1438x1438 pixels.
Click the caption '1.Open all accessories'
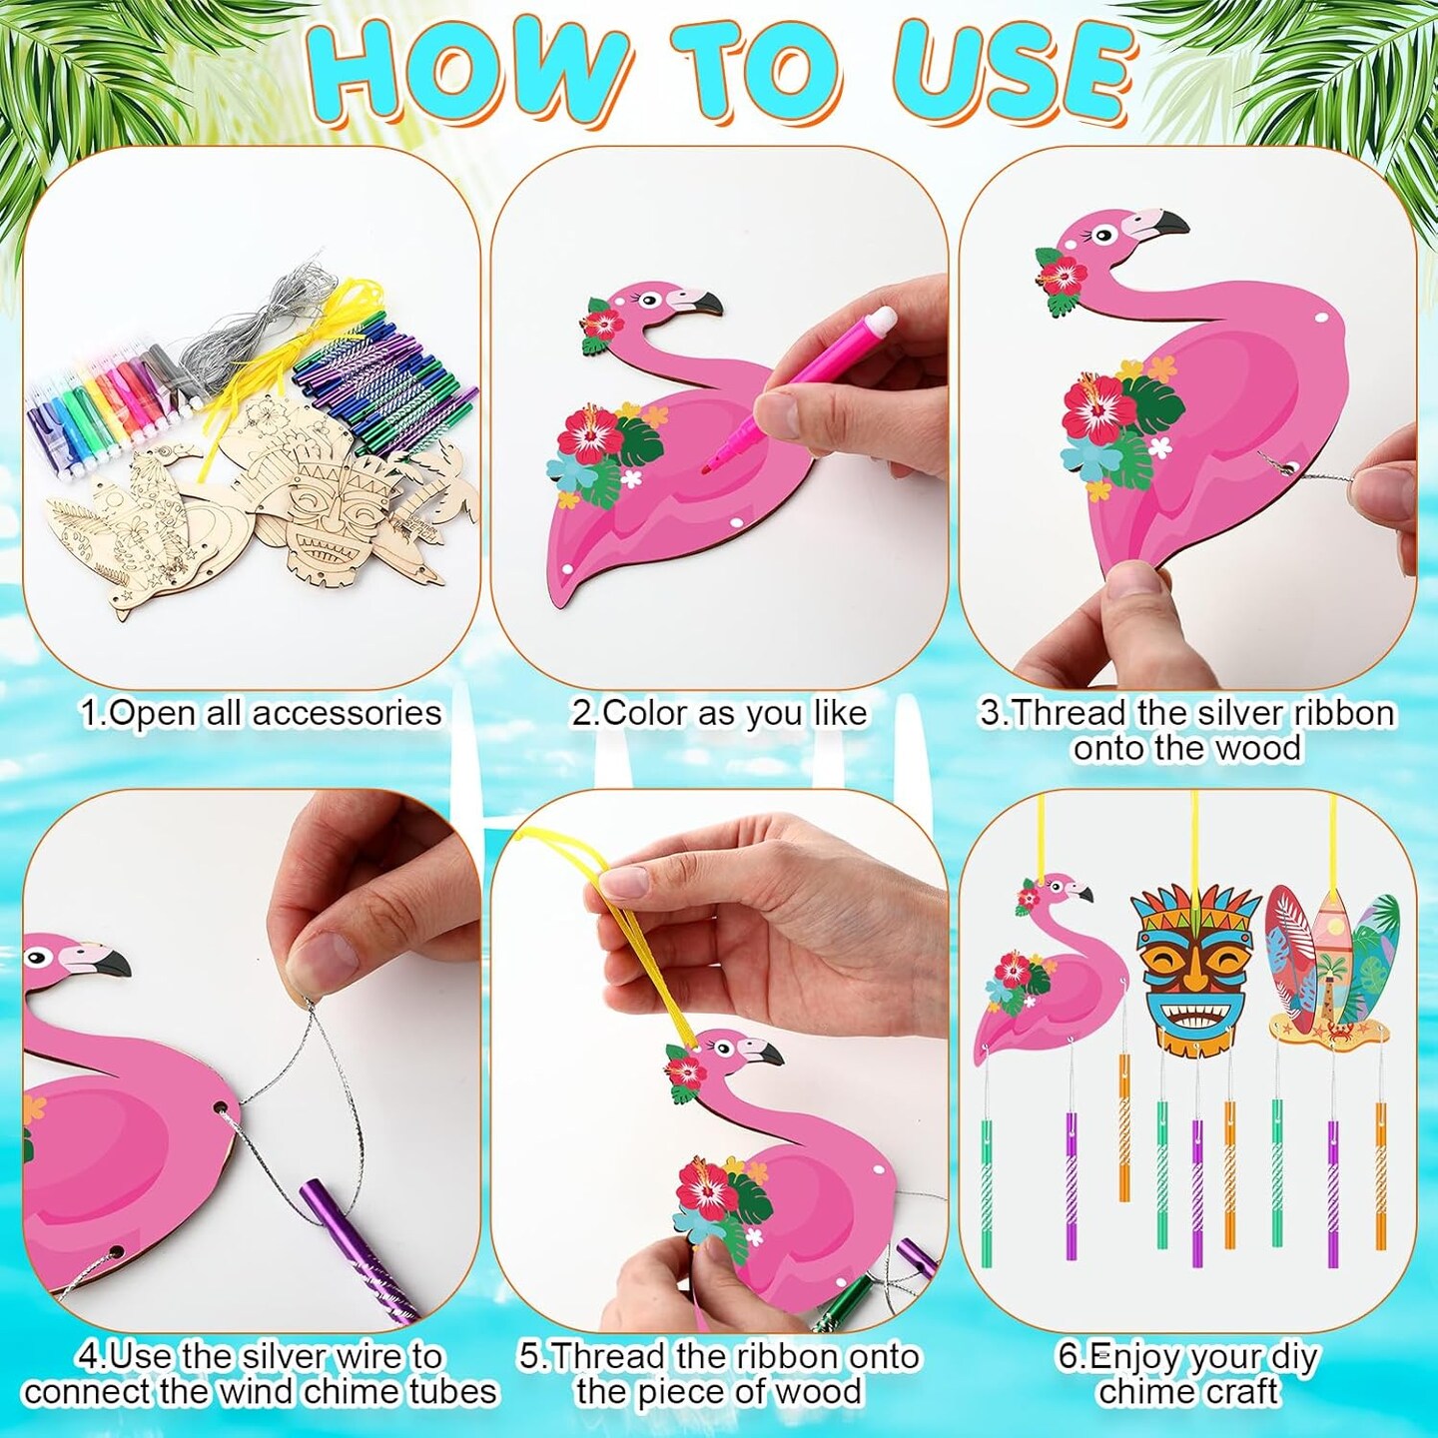(x=261, y=713)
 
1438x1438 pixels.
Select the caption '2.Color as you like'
(x=719, y=713)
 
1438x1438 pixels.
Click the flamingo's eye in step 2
(x=650, y=298)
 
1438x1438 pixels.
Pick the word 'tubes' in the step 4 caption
(x=453, y=1391)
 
